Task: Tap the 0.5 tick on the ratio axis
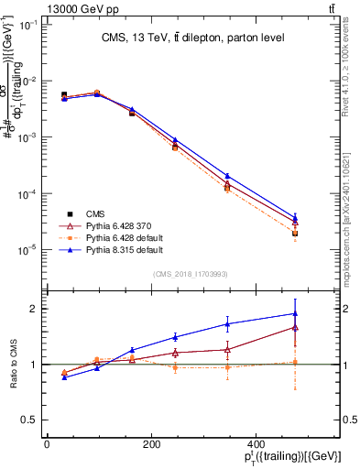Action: (28, 420)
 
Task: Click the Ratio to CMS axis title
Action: (11, 365)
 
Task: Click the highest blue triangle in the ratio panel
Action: (295, 314)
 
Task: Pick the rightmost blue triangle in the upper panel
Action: (295, 217)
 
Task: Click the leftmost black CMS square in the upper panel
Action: (64, 94)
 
